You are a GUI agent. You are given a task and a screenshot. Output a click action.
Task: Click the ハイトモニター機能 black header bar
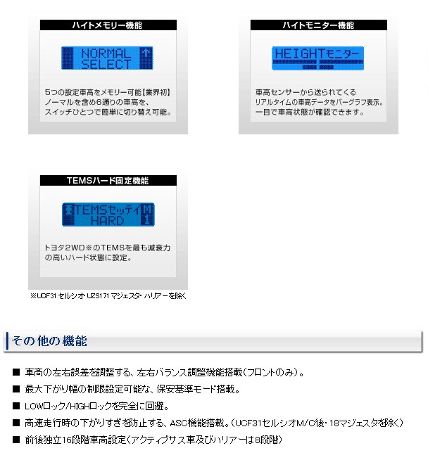(x=318, y=25)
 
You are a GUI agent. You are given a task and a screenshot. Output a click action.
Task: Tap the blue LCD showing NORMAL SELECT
(x=106, y=58)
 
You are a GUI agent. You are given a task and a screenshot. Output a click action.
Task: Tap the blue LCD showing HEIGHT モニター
(x=318, y=58)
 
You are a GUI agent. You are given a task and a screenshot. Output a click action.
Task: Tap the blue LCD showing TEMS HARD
(x=107, y=215)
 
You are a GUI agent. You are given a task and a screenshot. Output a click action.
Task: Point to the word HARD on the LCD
(x=107, y=221)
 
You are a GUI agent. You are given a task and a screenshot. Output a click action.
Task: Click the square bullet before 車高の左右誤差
(x=16, y=371)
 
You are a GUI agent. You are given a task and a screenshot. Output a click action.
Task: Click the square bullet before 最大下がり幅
(x=16, y=388)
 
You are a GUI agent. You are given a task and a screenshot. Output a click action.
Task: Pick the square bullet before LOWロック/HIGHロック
(x=16, y=406)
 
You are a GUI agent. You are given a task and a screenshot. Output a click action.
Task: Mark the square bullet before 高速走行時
(x=16, y=423)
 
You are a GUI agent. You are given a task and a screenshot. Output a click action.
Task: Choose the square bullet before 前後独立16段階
(x=16, y=440)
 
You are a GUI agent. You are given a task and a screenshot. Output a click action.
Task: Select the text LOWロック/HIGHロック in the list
(x=68, y=406)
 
